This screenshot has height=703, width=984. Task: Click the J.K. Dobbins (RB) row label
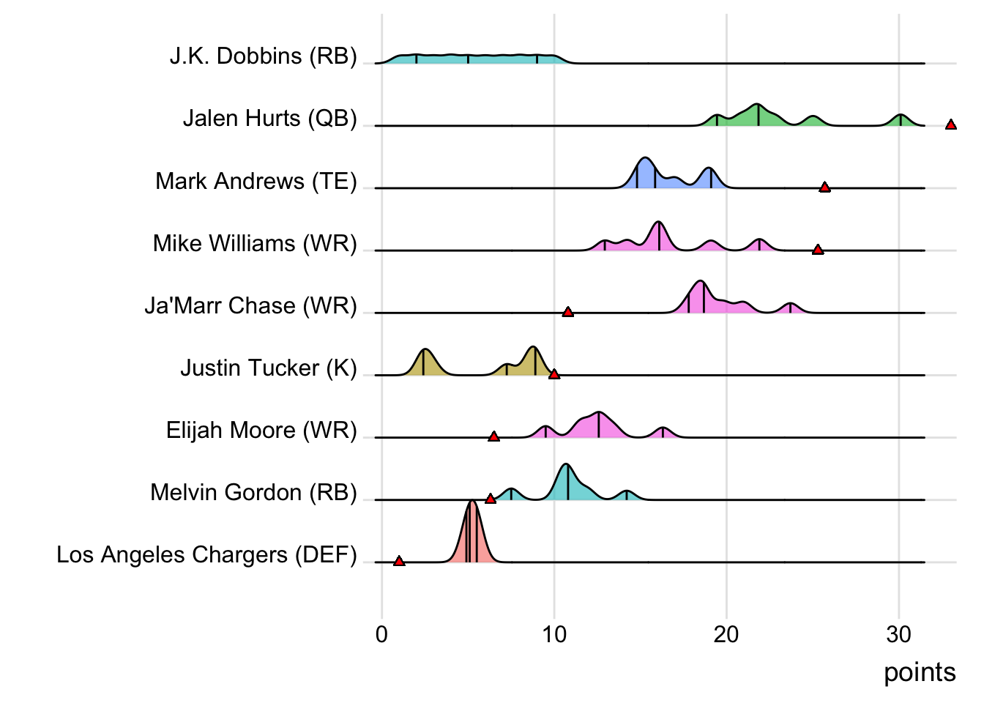tap(263, 56)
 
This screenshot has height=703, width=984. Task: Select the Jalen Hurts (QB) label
tap(269, 119)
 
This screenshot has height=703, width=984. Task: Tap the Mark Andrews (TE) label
tap(256, 181)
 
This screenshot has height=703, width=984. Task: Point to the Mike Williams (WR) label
tap(254, 243)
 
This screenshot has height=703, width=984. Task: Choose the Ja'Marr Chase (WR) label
tap(250, 305)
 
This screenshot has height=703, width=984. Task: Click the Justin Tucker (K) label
tap(268, 368)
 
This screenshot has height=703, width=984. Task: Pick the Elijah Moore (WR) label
tap(261, 430)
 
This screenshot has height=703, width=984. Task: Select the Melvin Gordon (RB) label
tap(253, 492)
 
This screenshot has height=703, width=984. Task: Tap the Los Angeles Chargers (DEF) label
tap(206, 555)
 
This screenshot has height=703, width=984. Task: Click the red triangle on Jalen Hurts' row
tap(950, 125)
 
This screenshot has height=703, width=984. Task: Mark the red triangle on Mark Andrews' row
tap(824, 187)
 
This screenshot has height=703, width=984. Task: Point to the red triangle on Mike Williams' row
tap(818, 250)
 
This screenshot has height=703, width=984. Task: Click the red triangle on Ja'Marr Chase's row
tap(567, 313)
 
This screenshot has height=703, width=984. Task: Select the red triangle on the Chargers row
tap(399, 562)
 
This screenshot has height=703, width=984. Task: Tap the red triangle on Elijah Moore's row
tap(493, 437)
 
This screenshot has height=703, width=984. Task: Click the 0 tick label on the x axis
tap(381, 635)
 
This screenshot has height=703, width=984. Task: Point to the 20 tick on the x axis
tap(726, 635)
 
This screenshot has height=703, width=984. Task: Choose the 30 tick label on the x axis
tap(899, 635)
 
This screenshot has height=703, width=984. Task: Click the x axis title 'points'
tap(920, 672)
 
